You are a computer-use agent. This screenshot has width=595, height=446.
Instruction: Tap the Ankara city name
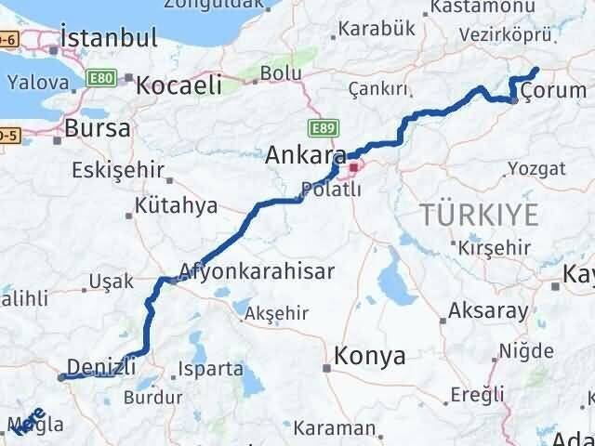(x=306, y=155)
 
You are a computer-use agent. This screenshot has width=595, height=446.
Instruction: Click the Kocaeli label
(x=178, y=86)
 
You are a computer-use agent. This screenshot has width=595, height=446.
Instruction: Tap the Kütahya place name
(x=176, y=205)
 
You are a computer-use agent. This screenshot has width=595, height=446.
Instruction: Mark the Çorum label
(x=549, y=90)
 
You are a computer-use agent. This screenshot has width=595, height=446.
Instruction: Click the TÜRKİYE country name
(x=479, y=216)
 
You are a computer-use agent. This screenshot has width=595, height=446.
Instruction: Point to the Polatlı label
(x=326, y=190)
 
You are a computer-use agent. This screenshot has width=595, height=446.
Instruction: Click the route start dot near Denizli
(x=61, y=377)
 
